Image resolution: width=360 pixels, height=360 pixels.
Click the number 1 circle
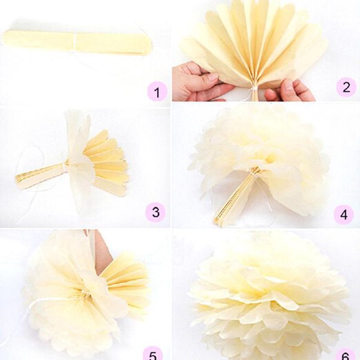click(157, 92)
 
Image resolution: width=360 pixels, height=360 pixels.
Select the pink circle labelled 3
click(156, 211)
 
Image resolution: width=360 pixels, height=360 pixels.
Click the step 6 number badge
click(344, 354)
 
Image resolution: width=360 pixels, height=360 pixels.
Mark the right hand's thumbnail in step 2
click(287, 84)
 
